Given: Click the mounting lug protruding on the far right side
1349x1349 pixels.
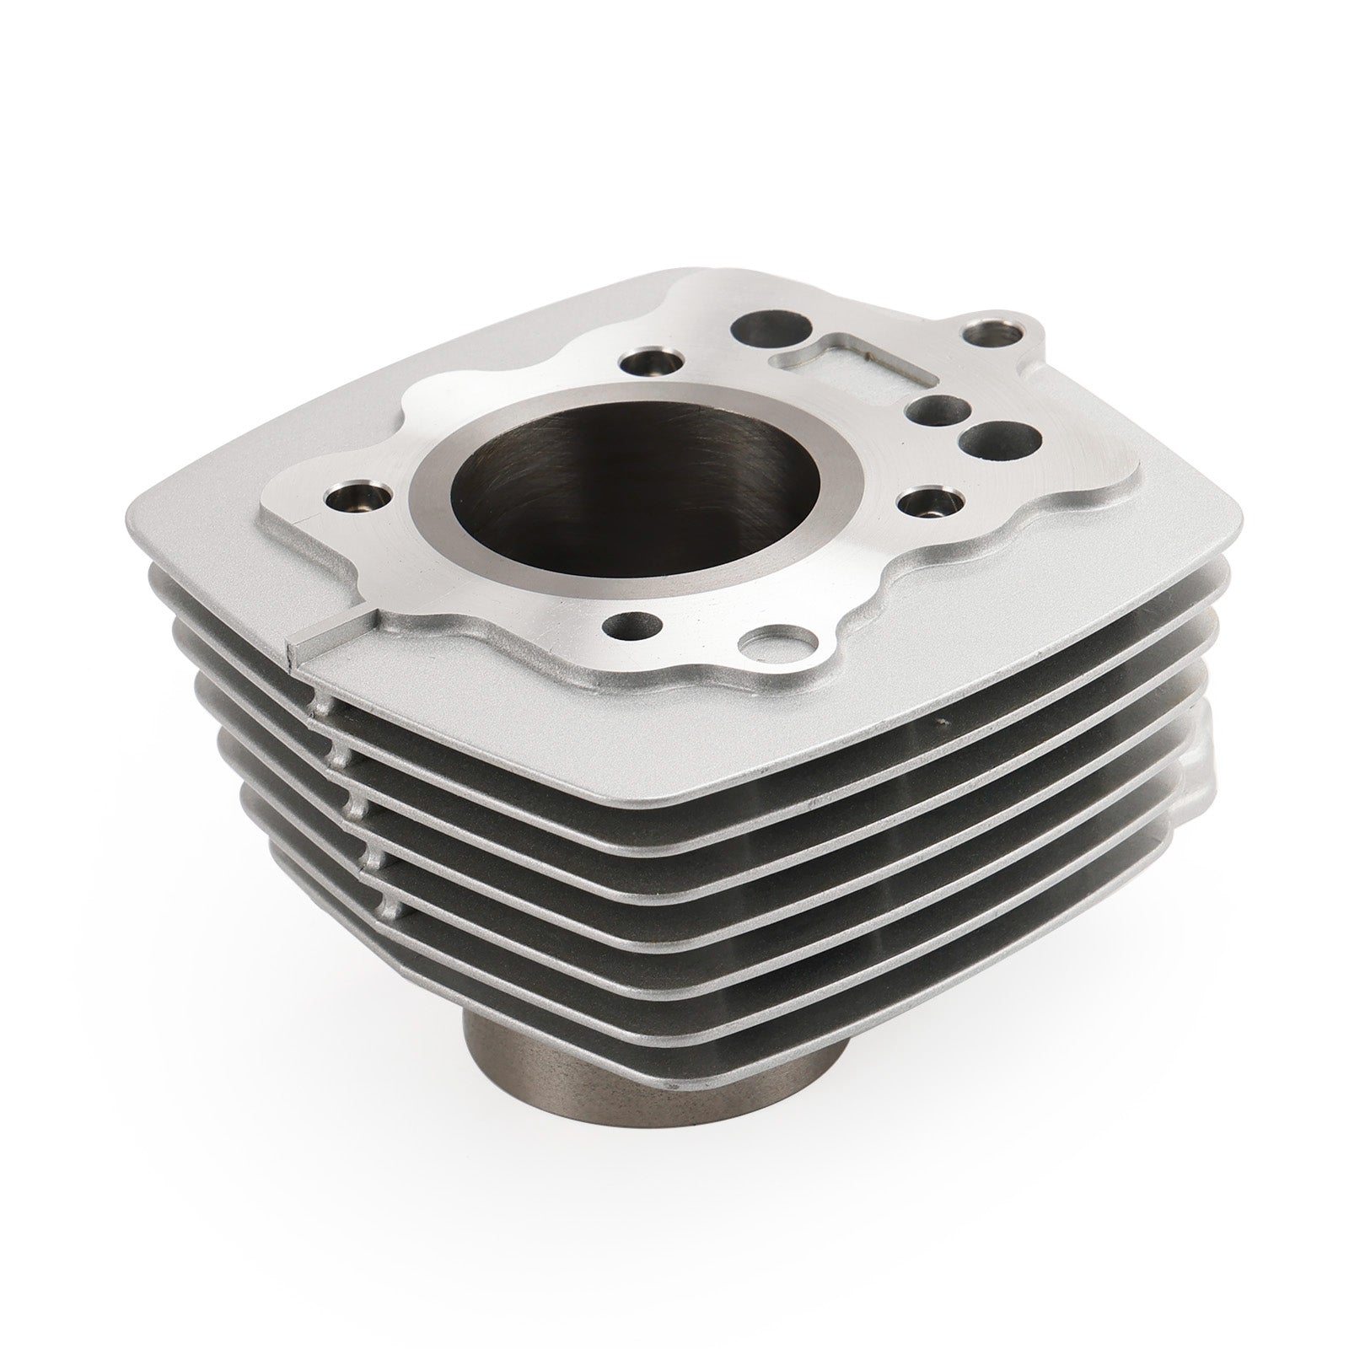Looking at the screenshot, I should click(x=1197, y=780).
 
